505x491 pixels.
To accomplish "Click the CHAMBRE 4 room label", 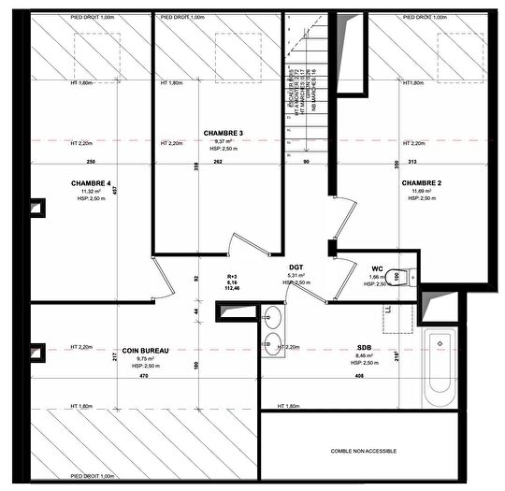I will tap(90, 182).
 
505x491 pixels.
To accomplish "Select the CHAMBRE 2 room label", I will tap(421, 182).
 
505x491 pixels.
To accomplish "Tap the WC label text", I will tap(378, 267).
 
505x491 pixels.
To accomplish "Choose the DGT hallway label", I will tap(296, 267).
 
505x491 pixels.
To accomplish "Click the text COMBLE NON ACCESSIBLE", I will tap(364, 451).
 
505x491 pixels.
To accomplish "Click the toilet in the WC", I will tap(400, 277).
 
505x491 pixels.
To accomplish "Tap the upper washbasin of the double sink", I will tap(272, 316).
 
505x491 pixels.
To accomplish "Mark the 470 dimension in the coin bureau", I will tap(144, 376).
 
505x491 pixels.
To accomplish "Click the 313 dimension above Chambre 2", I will tap(385, 161).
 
